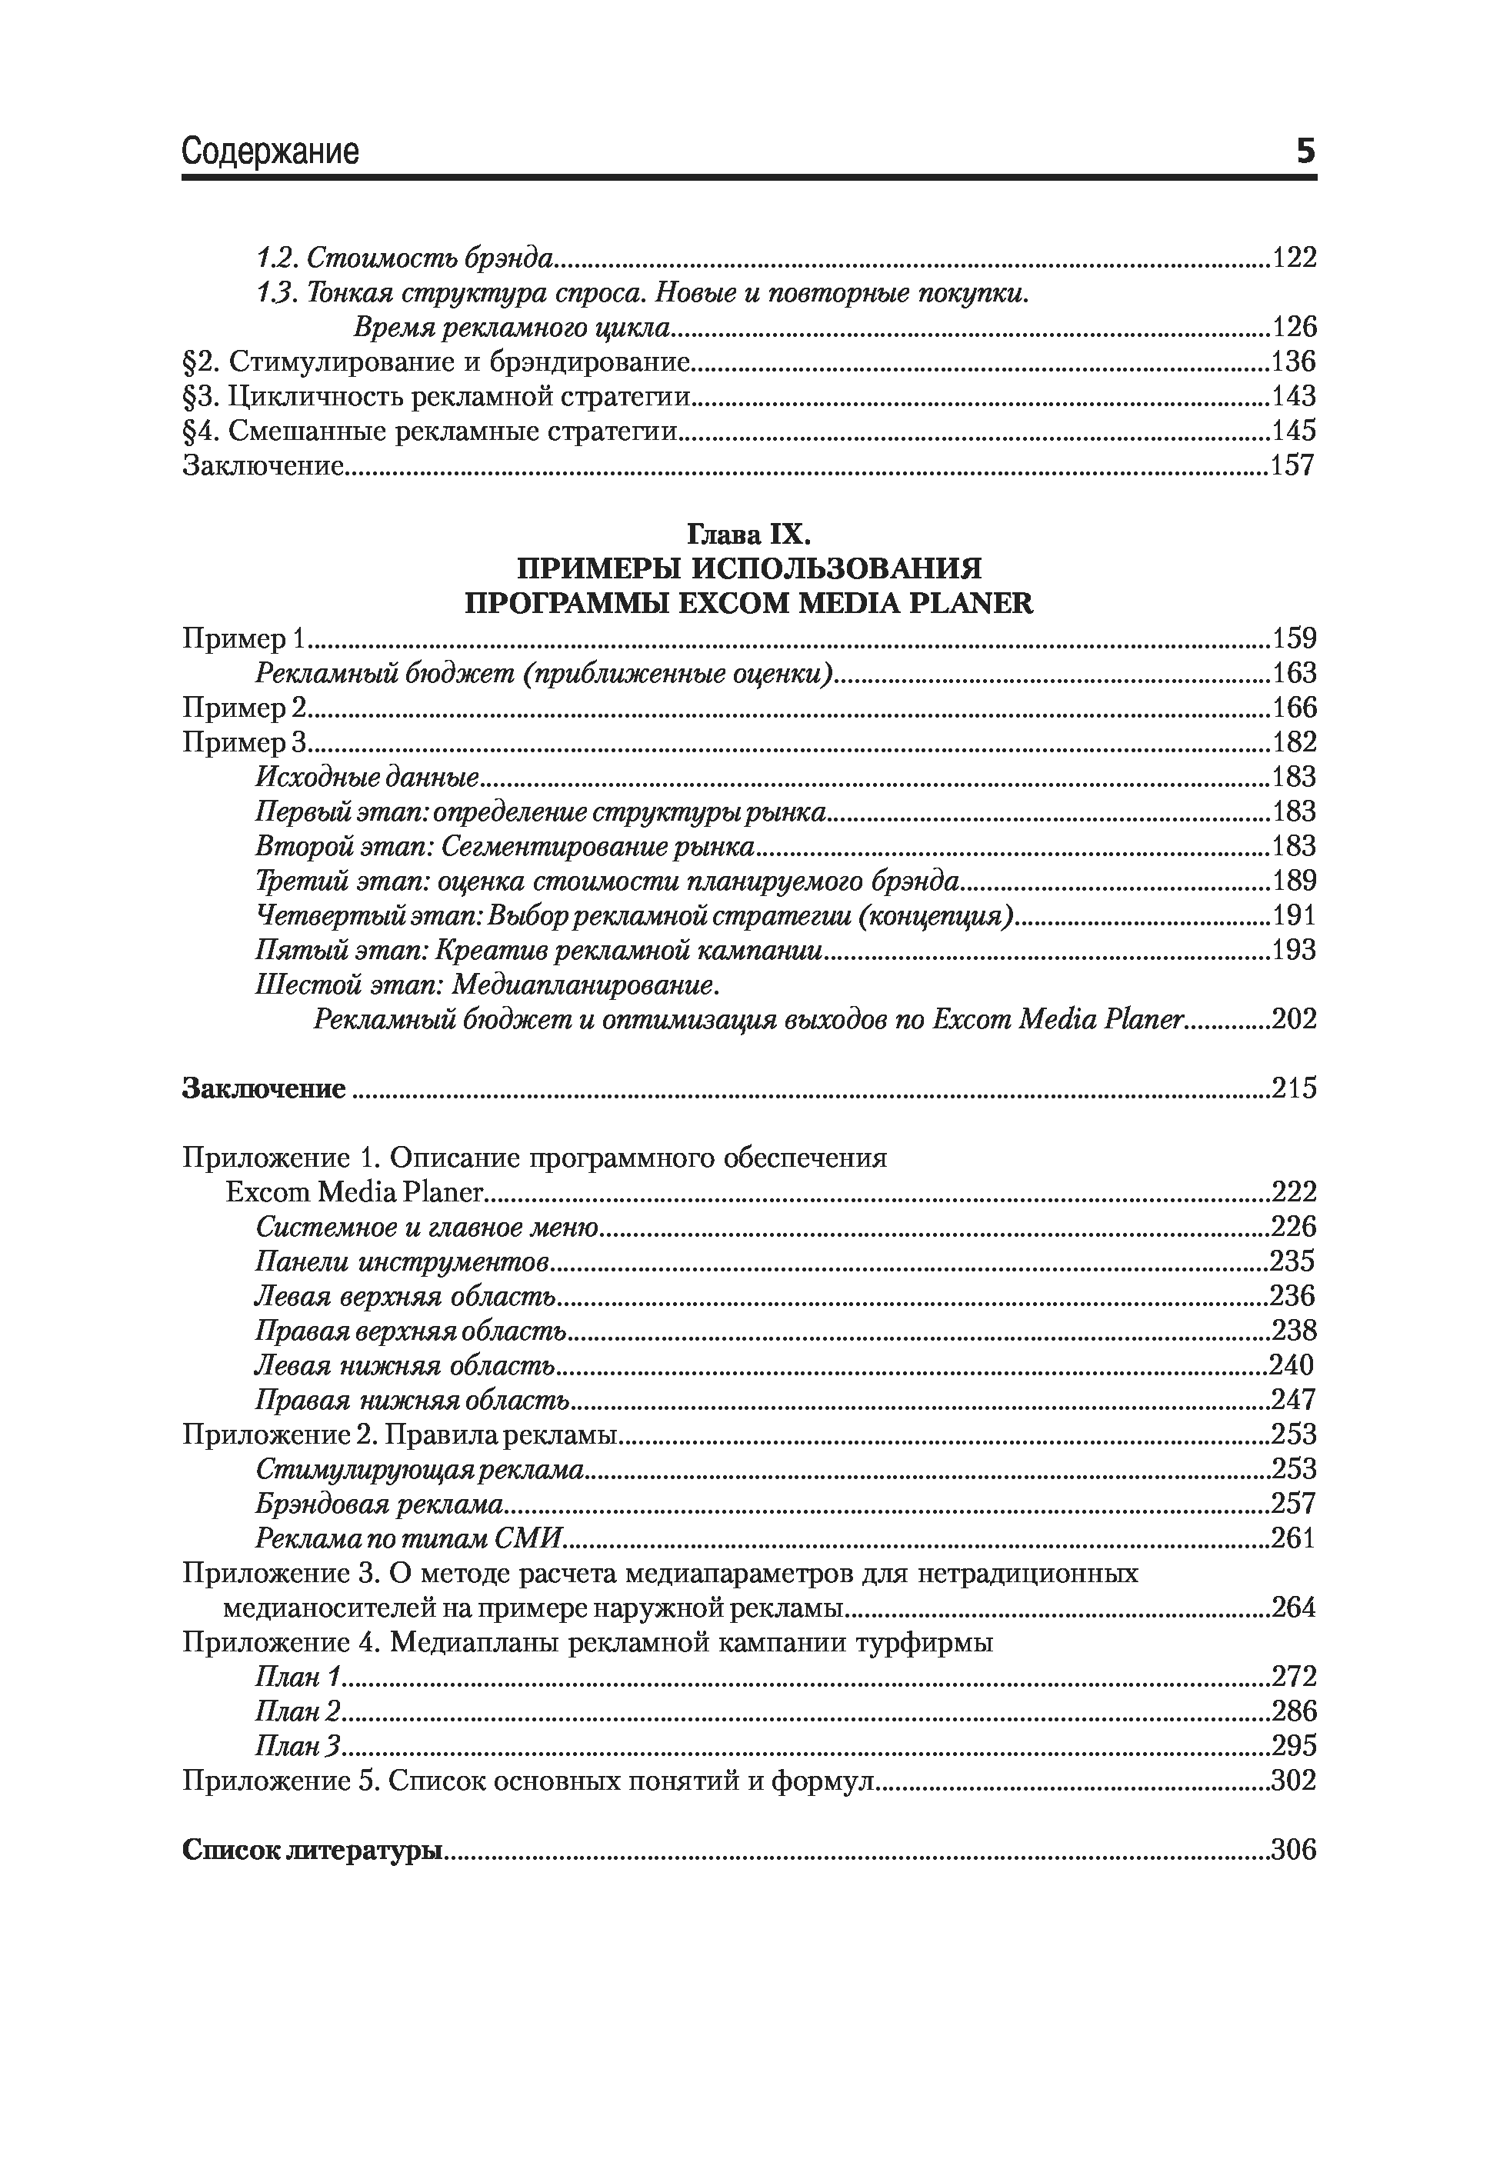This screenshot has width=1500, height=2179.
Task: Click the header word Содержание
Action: point(270,152)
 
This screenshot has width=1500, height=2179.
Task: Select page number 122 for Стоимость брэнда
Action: point(1293,258)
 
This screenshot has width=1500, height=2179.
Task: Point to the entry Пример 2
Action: point(245,708)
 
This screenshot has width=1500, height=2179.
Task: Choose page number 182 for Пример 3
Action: point(1293,742)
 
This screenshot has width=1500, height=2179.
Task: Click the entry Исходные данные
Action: point(368,777)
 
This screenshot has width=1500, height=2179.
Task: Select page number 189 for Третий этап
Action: point(1293,881)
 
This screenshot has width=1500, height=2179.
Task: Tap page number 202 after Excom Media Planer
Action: point(1293,1019)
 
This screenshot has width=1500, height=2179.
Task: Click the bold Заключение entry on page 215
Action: point(264,1089)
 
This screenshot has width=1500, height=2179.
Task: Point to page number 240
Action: point(1292,1365)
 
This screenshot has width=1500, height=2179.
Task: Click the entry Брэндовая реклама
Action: point(378,1504)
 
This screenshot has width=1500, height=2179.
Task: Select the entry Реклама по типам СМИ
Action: point(408,1539)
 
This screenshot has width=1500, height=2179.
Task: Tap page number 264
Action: point(1293,1608)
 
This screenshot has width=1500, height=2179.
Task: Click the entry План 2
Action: point(298,1712)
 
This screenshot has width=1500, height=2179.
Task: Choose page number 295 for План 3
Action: point(1293,1747)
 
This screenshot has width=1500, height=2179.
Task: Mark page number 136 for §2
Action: point(1293,362)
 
